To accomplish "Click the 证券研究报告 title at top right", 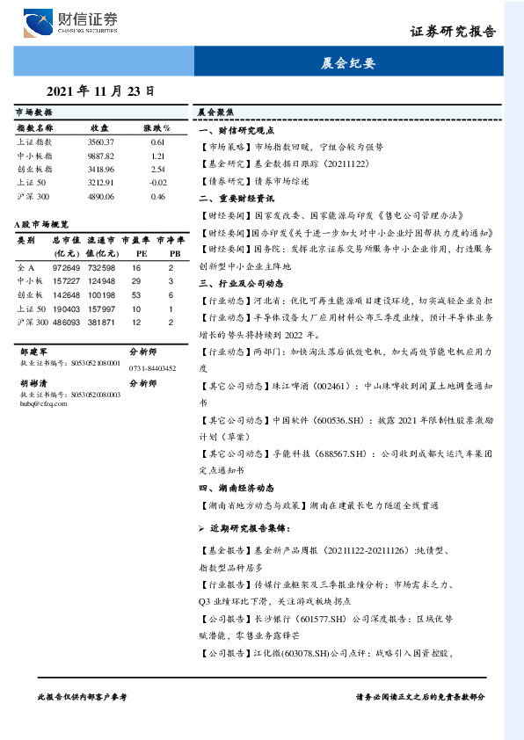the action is (x=453, y=31).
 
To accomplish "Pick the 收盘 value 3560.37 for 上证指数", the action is (x=100, y=141).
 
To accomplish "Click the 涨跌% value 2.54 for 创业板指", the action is (x=158, y=169).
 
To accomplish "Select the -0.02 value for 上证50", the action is (x=157, y=183).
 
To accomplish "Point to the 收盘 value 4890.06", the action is (x=100, y=197).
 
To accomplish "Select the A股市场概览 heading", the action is (x=42, y=225).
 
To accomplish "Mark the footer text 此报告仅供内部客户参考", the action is (x=82, y=696).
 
